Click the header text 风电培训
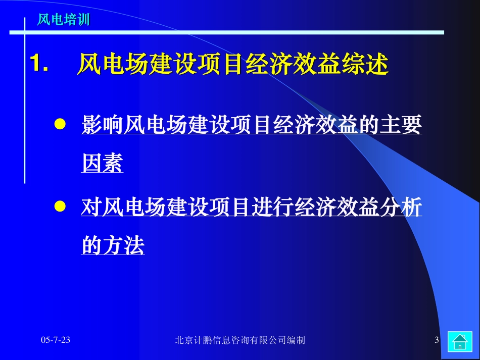64,20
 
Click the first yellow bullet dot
60,125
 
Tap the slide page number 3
437,340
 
